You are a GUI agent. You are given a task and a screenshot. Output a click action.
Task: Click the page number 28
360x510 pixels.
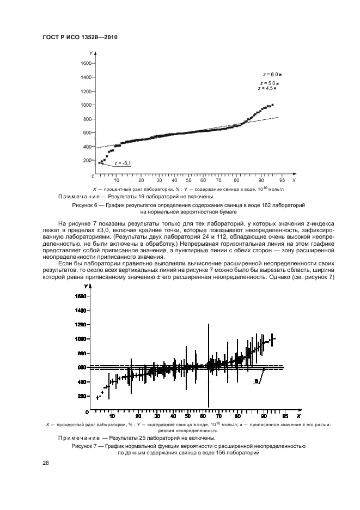click(46, 463)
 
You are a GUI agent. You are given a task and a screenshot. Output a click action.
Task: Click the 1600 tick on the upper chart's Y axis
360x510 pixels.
click(85, 63)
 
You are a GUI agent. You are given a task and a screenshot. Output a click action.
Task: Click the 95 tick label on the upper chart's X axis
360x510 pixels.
click(282, 180)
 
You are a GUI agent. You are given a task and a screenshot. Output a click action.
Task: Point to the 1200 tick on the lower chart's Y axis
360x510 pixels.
click(81, 324)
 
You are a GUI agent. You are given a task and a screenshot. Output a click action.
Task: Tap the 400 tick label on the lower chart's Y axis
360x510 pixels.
click(82, 381)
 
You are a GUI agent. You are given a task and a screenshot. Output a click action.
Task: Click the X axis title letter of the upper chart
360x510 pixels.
click(294, 180)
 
